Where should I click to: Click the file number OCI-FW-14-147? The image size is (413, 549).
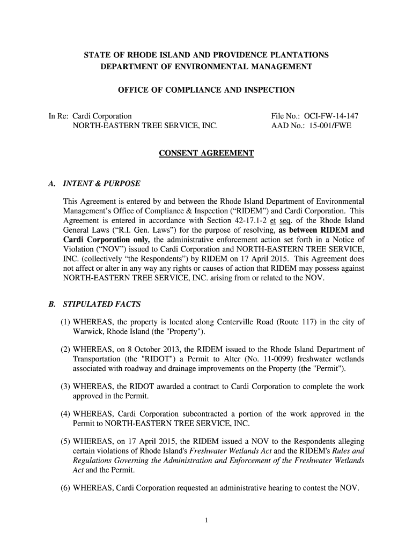point(331,116)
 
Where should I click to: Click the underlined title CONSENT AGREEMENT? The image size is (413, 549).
point(206,154)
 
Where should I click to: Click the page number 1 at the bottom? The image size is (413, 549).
point(206,520)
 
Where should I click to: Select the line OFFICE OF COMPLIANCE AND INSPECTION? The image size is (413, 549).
point(206,90)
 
